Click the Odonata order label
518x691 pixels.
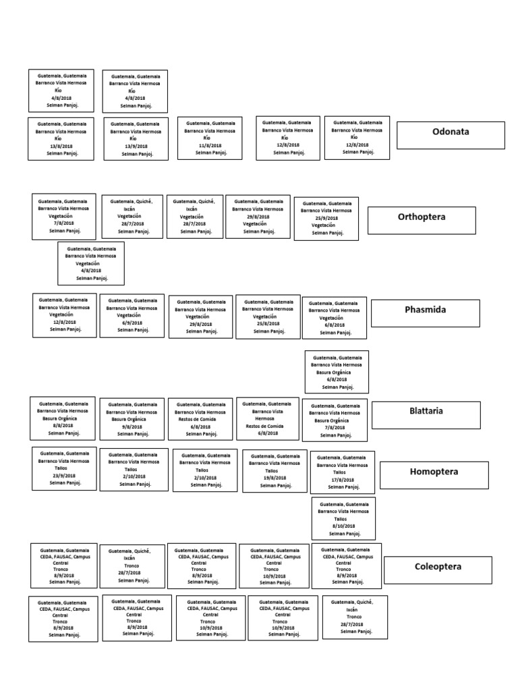(451, 132)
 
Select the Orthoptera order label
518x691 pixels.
(422, 217)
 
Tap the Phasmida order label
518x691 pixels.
(426, 310)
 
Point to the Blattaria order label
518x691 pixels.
(426, 411)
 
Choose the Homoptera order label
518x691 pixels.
(434, 472)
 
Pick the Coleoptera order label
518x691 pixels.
(438, 567)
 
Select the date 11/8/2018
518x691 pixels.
(210, 145)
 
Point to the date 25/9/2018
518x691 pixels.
(327, 218)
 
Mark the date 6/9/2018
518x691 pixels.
(132, 323)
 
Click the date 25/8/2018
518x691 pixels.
(268, 324)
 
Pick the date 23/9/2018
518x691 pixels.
(65, 476)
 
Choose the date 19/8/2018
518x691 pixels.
(275, 478)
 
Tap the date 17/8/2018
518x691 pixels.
(342, 480)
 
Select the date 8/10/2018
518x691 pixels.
(343, 526)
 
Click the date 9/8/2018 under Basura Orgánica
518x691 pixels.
(132, 426)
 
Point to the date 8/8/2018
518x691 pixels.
(63, 426)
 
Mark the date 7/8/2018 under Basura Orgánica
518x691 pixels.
(335, 428)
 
